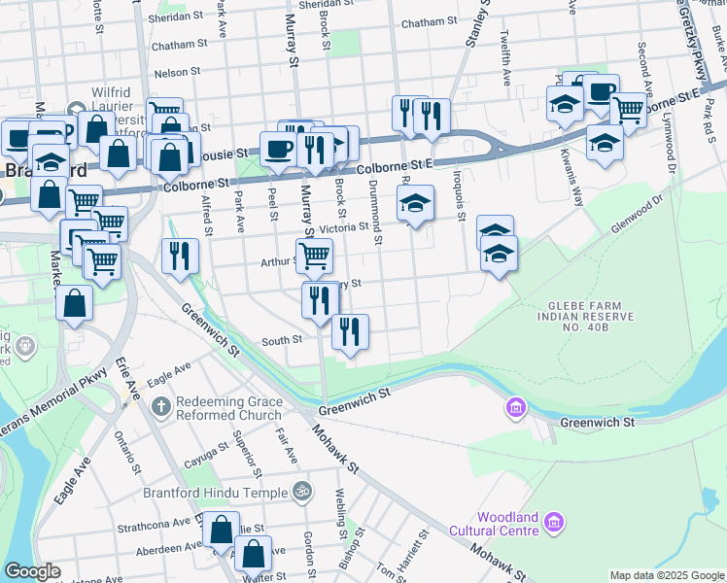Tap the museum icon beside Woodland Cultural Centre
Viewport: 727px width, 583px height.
(x=554, y=524)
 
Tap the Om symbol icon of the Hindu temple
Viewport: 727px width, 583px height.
(x=301, y=493)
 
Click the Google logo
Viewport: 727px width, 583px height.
(x=32, y=571)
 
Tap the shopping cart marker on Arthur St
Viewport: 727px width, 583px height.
(x=314, y=256)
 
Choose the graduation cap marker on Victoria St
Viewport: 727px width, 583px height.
(x=415, y=203)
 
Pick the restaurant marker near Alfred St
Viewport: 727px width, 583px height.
(x=180, y=256)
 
